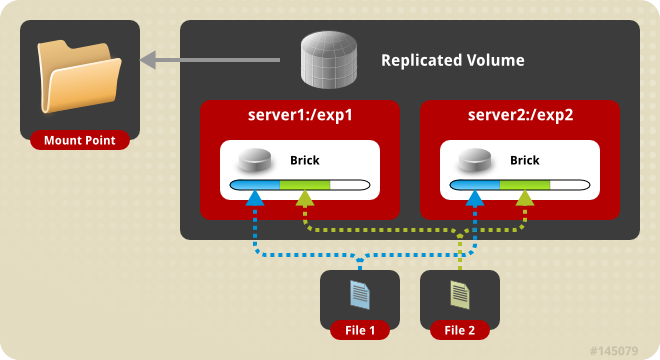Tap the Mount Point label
pos(80,140)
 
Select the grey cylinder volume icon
pos(331,60)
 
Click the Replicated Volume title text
pos(452,61)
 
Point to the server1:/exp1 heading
pos(300,114)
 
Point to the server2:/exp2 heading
pos(520,114)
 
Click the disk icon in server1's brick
pos(255,160)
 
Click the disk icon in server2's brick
pos(475,160)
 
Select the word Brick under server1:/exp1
pos(305,160)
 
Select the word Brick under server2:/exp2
pos(525,160)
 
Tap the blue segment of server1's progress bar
pos(255,185)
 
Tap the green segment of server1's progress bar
pos(305,185)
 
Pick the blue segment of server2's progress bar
pos(475,185)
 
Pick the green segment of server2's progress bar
pos(525,185)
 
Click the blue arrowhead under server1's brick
pos(256,199)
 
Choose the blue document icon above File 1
pos(360,294)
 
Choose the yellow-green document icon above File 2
pos(460,294)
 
